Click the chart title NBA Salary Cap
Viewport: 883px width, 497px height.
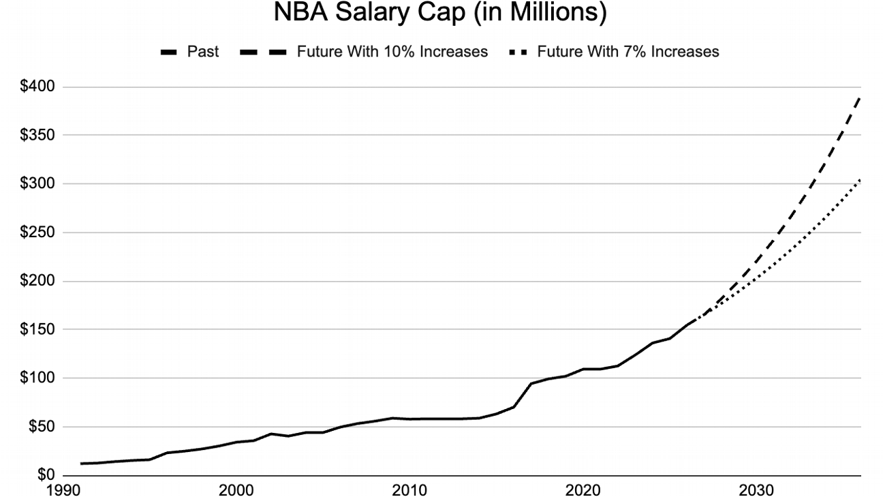[439, 14]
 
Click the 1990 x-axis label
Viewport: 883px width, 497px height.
[64, 489]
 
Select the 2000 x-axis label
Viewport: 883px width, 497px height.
[237, 489]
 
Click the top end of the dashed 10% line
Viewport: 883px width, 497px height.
[860, 97]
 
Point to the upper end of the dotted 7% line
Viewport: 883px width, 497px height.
[860, 180]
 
